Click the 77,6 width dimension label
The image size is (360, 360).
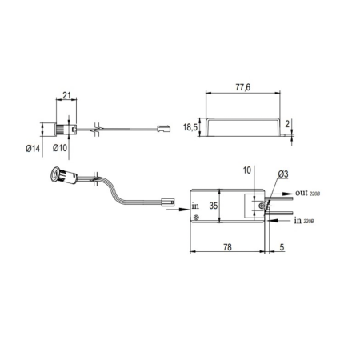tap(243, 87)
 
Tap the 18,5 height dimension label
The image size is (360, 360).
tap(190, 127)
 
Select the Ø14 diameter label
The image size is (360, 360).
tap(33, 149)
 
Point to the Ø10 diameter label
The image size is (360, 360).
tap(60, 147)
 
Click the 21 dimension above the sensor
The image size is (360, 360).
tap(66, 95)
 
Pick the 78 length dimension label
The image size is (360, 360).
tap(227, 247)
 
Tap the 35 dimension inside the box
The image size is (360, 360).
tap(214, 206)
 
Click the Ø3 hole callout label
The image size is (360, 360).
tap(283, 174)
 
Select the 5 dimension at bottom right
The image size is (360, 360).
tap(282, 247)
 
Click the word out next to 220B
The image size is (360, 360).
tap(302, 193)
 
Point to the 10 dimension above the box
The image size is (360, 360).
tap(247, 170)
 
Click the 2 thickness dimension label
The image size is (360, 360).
tap(287, 124)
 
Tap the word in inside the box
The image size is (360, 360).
tap(195, 206)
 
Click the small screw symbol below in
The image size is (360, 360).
tap(197, 218)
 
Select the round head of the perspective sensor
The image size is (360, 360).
tap(55, 174)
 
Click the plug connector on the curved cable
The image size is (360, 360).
tap(168, 202)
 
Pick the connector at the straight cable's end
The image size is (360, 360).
tap(164, 129)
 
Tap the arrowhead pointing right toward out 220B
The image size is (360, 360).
tap(287, 194)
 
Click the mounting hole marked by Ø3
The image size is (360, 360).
tap(262, 206)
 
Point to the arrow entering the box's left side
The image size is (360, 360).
tap(178, 210)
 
